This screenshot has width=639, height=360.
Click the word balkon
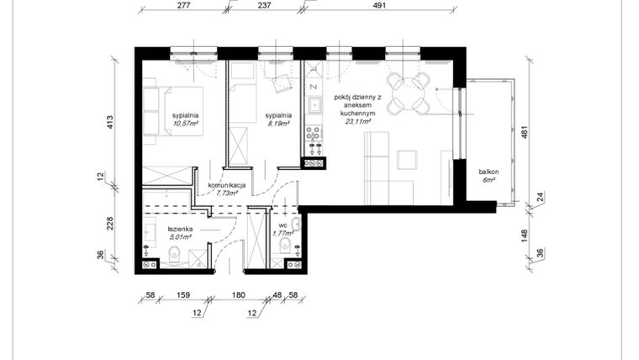488,172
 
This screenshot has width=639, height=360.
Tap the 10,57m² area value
185,124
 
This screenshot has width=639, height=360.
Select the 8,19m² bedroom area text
278,124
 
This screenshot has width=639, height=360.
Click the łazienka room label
181,229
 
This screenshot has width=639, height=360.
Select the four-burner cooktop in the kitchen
313,133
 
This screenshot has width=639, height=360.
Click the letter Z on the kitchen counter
312,86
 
